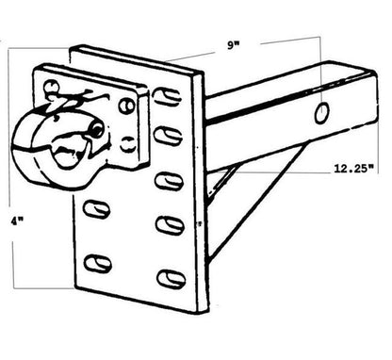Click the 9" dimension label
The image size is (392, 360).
pyautogui.click(x=233, y=46)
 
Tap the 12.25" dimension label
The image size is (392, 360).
pyautogui.click(x=354, y=169)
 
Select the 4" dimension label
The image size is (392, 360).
pyautogui.click(x=17, y=221)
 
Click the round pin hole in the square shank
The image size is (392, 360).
pyautogui.click(x=322, y=113)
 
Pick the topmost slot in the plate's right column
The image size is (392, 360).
pyautogui.click(x=168, y=96)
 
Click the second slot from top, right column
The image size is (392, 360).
pyautogui.click(x=169, y=136)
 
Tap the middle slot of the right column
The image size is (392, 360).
pyautogui.click(x=169, y=182)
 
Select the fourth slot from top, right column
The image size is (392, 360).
pyautogui.click(x=170, y=225)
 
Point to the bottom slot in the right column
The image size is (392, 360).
pyautogui.click(x=171, y=279)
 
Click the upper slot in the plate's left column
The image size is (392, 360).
pyautogui.click(x=97, y=209)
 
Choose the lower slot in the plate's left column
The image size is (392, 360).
pyautogui.click(x=98, y=263)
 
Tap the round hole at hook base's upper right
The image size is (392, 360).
pyautogui.click(x=126, y=106)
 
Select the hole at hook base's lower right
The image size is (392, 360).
pyautogui.click(x=128, y=144)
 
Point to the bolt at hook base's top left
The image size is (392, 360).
pyautogui.click(x=50, y=86)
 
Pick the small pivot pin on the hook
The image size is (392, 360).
pyautogui.click(x=97, y=129)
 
